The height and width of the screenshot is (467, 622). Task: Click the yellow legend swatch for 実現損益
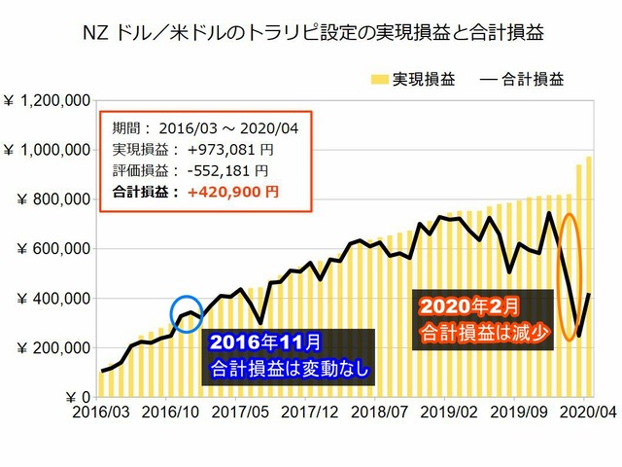tap(379, 76)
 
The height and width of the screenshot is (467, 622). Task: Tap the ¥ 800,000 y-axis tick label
tap(50, 198)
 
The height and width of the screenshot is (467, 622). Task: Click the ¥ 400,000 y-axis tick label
tap(50, 298)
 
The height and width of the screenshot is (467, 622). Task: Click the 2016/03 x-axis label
tap(101, 413)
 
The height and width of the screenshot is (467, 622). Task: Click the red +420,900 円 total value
tap(232, 192)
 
